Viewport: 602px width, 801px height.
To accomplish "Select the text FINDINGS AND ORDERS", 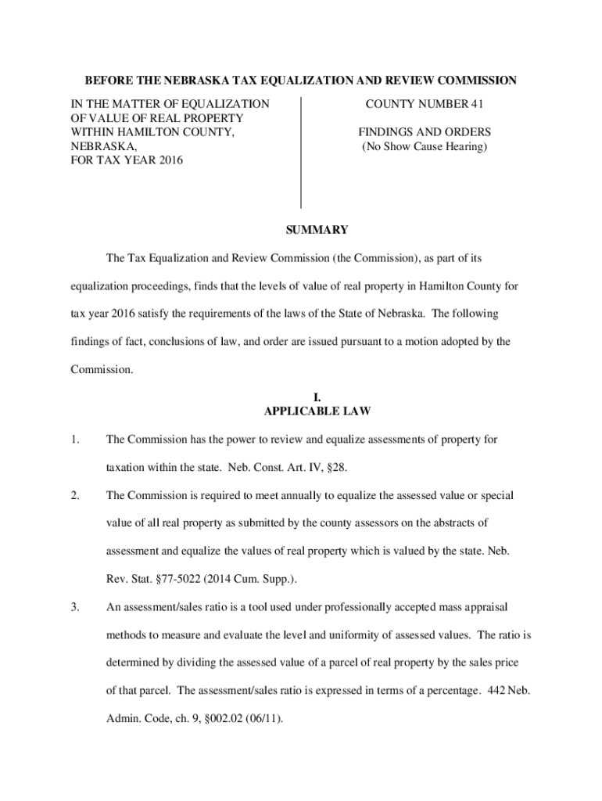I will [x=425, y=132].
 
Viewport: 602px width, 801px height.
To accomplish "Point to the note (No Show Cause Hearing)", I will [x=425, y=147].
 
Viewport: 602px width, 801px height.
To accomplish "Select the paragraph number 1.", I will [x=73, y=440].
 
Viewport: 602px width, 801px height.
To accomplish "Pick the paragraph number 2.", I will [x=73, y=496].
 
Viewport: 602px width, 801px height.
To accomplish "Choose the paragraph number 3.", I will [x=73, y=607].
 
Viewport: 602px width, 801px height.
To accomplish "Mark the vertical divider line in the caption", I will [x=301, y=153].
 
